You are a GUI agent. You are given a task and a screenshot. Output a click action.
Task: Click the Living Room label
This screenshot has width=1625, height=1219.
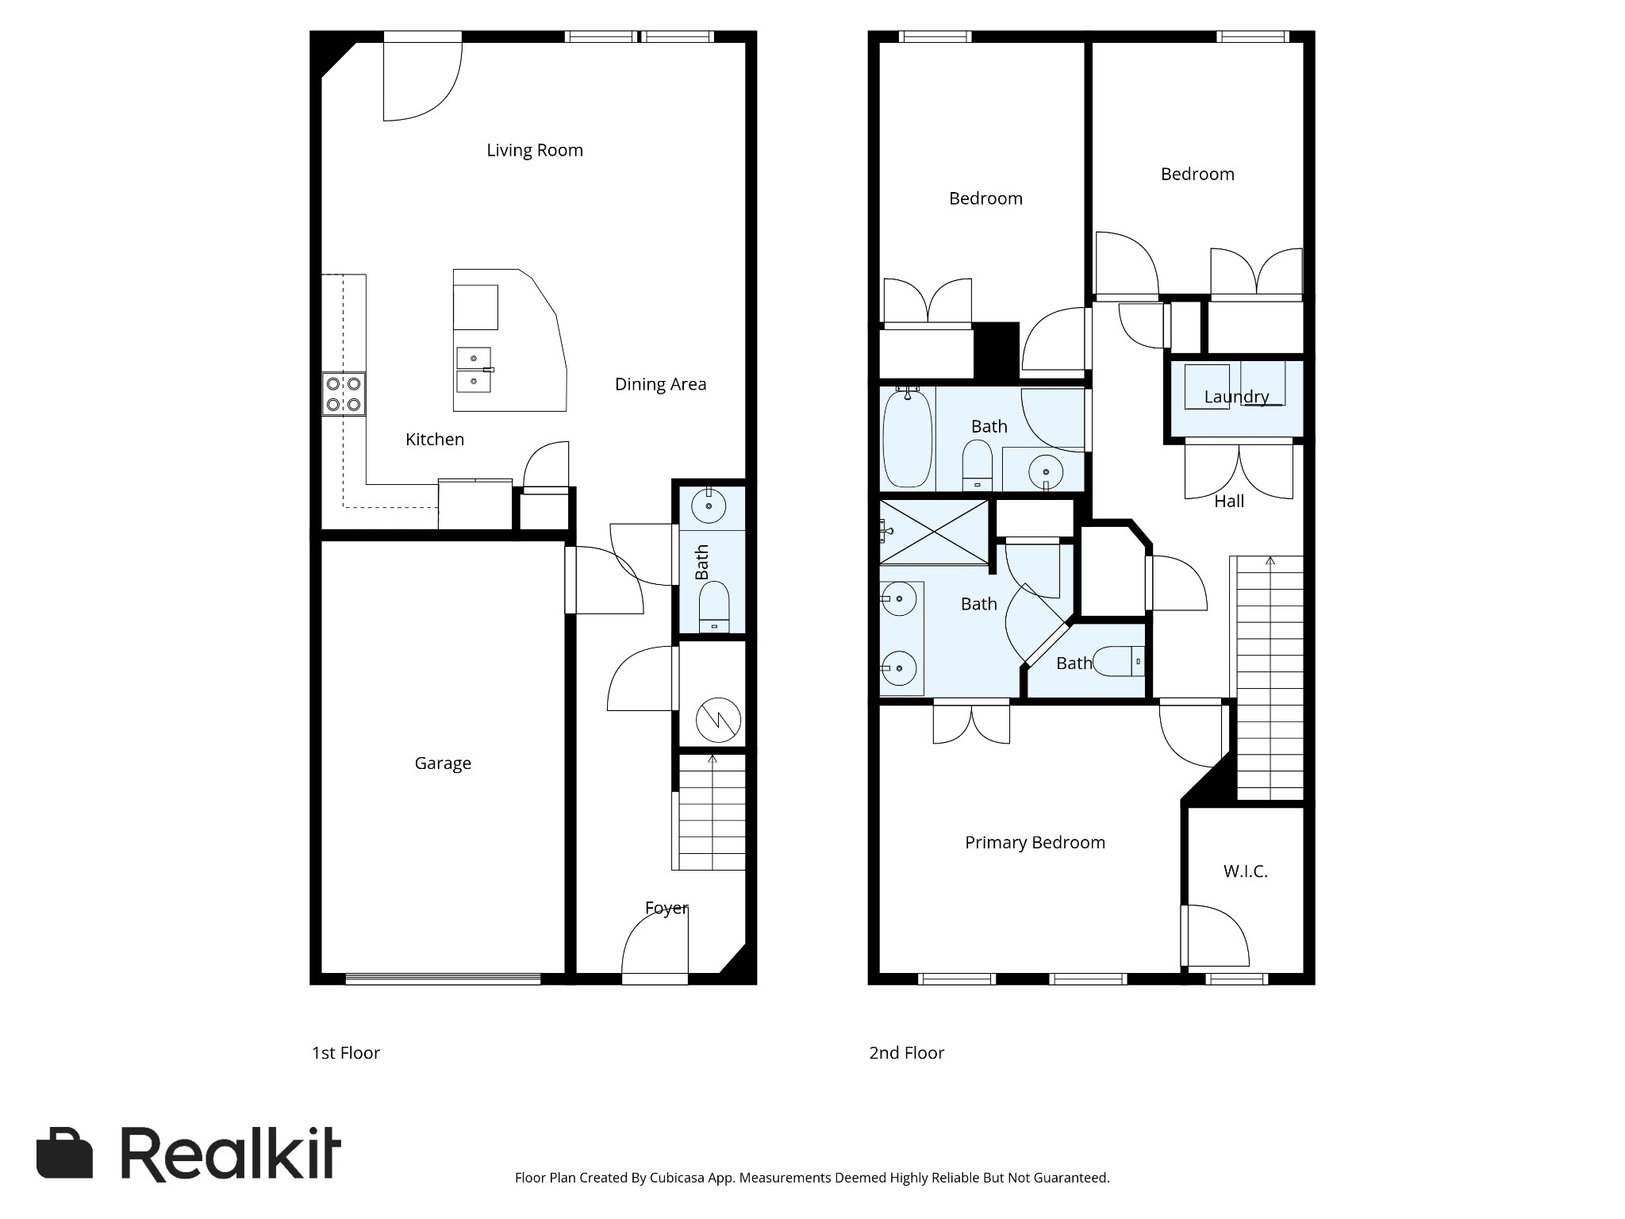pyautogui.click(x=534, y=150)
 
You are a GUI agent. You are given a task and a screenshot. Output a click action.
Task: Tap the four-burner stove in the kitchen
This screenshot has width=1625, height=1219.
pyautogui.click(x=344, y=394)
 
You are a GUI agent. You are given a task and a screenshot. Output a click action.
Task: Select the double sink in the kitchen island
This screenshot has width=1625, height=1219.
pyautogui.click(x=474, y=370)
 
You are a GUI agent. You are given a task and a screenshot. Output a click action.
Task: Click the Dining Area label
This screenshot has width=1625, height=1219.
pyautogui.click(x=660, y=384)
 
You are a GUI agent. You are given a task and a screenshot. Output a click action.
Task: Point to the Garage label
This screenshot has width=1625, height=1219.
pyautogui.click(x=443, y=763)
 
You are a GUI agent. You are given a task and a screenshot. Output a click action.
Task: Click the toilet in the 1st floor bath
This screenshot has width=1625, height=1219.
pyautogui.click(x=714, y=608)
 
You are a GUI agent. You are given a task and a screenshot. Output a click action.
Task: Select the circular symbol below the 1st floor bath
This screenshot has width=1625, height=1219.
pyautogui.click(x=718, y=720)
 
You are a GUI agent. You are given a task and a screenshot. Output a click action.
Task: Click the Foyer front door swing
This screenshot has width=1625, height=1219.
pyautogui.click(x=654, y=944)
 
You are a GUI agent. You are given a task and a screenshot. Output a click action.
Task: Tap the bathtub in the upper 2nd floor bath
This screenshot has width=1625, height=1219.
pyautogui.click(x=908, y=439)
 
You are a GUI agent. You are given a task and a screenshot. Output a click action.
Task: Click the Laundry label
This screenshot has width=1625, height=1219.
pyautogui.click(x=1236, y=396)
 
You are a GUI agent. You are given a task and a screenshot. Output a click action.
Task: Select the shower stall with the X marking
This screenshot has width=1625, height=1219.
pyautogui.click(x=934, y=532)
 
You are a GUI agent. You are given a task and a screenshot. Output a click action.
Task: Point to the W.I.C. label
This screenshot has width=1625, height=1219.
pyautogui.click(x=1245, y=871)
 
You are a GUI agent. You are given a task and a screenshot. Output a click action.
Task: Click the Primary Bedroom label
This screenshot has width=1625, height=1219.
pyautogui.click(x=1035, y=842)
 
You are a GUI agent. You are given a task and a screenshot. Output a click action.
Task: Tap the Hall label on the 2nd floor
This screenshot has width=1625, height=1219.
pyautogui.click(x=1229, y=501)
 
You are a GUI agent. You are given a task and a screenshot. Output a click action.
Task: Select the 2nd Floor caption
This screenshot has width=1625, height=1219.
pyautogui.click(x=906, y=1052)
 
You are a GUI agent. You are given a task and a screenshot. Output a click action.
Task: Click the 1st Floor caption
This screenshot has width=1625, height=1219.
pyautogui.click(x=345, y=1052)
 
